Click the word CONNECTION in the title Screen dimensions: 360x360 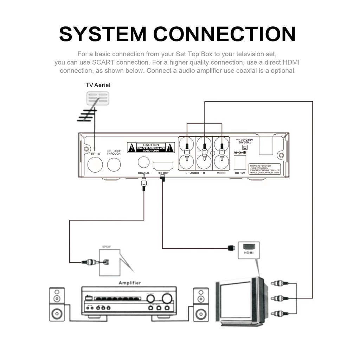tap(225, 34)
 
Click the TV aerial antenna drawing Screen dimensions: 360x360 tap(93, 105)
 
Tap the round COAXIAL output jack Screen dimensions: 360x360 tap(143, 162)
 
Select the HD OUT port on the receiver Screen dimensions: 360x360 tap(163, 166)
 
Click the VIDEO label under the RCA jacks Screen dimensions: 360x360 tap(221, 173)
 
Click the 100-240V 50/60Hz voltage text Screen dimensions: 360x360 tap(243, 141)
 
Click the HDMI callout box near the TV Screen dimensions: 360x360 tap(249, 250)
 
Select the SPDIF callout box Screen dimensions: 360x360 tap(109, 262)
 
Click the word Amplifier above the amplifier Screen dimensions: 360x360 tap(130, 283)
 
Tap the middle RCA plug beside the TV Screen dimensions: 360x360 tap(279, 298)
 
